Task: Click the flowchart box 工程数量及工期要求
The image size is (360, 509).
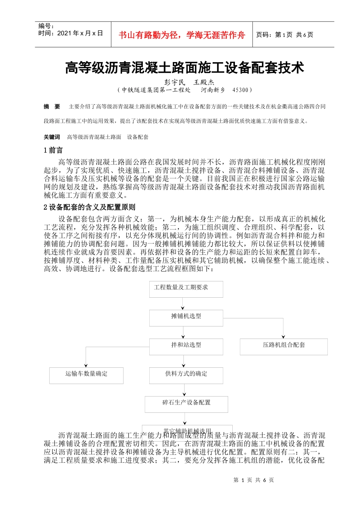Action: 186,289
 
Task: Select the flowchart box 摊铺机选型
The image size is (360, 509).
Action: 186,317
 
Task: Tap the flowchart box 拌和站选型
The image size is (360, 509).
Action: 186,346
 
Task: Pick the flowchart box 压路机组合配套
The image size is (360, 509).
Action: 283,346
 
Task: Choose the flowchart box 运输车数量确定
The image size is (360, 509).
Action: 86,375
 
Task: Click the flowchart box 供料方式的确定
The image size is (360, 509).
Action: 186,375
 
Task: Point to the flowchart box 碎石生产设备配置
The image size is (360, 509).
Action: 186,404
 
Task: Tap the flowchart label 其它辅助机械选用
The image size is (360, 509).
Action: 187,431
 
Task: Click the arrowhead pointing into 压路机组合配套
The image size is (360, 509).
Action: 283,336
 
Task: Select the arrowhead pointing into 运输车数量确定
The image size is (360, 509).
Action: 86,365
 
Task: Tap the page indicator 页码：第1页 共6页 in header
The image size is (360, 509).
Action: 285,35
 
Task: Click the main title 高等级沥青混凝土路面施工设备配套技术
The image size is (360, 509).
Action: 185,68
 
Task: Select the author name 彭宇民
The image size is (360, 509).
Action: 175,82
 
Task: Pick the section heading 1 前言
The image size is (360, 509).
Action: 53,150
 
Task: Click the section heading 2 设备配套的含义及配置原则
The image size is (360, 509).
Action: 89,207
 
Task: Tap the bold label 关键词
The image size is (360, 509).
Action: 52,137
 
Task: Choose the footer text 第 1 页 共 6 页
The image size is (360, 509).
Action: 254,480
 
